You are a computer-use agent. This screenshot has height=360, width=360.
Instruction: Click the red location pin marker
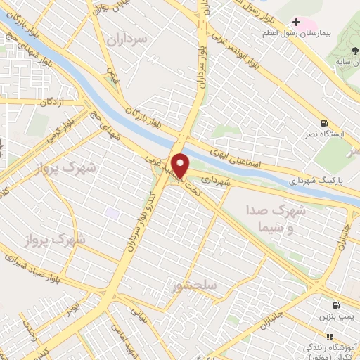coord(181,165)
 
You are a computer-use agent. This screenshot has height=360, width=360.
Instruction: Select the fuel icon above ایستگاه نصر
coord(323,123)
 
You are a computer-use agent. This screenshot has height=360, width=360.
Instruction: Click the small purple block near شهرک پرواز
coord(111,212)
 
